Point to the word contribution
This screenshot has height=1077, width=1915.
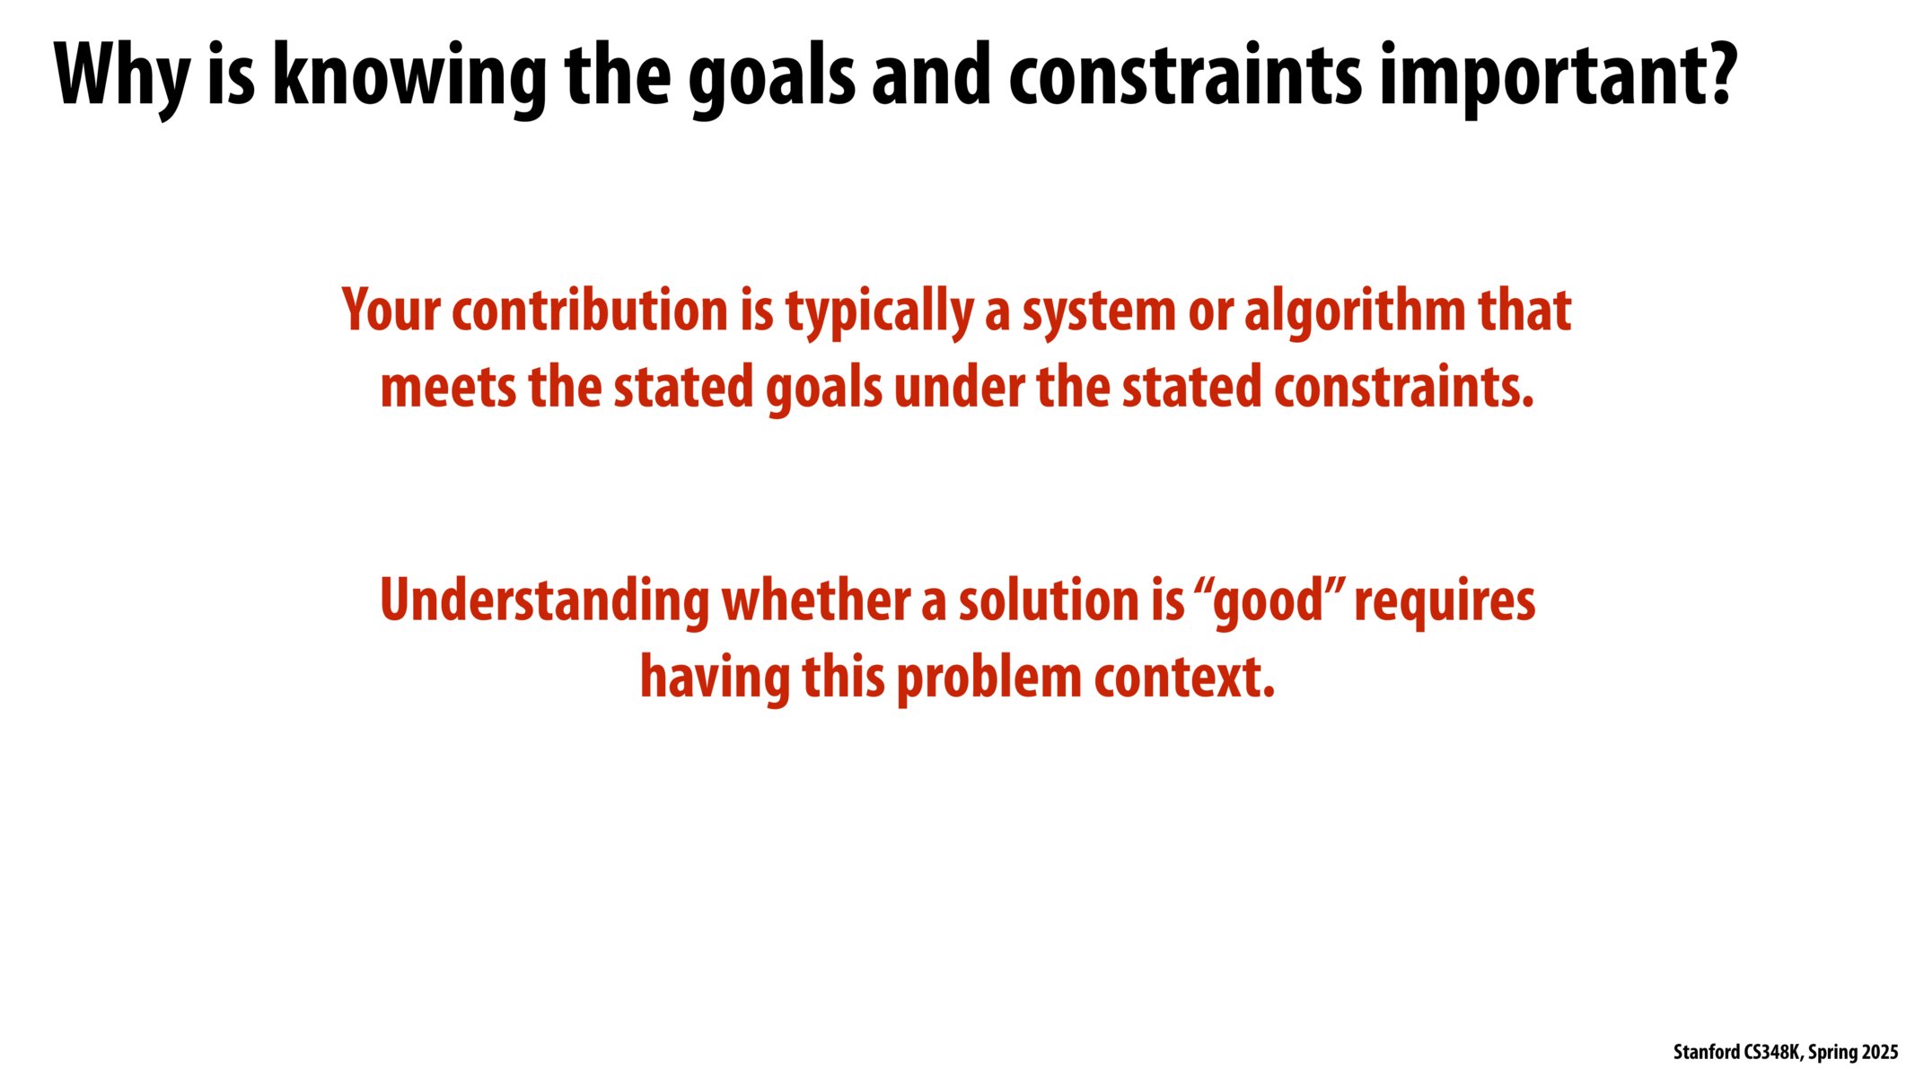[x=590, y=310]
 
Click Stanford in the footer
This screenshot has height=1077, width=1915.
[x=1707, y=1052]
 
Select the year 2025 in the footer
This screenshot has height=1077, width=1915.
[x=1880, y=1052]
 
